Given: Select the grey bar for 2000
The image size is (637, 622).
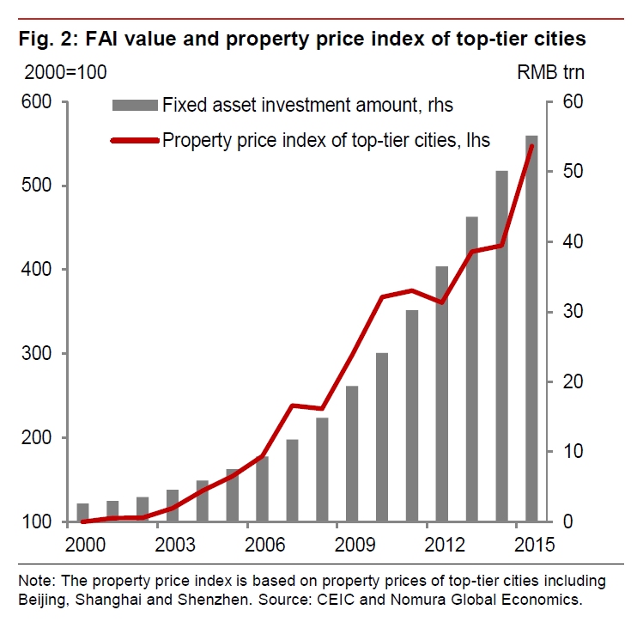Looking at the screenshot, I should click(x=83, y=512).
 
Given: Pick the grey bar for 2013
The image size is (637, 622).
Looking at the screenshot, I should click(x=471, y=369).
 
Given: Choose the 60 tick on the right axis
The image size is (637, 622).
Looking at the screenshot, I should click(x=572, y=102).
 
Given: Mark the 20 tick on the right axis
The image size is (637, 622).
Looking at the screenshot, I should click(x=572, y=381).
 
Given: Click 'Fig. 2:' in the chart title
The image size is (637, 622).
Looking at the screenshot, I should click(x=45, y=39).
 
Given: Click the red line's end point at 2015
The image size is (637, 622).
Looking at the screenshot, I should click(x=531, y=146).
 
